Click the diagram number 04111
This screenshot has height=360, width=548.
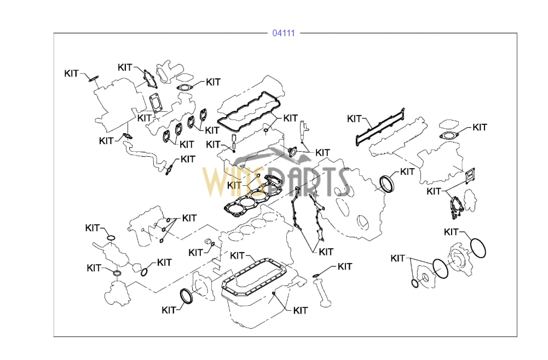(284, 33)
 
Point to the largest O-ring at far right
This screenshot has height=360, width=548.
(478, 249)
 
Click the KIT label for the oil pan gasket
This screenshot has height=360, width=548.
(238, 256)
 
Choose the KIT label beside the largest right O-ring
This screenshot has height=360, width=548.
(451, 232)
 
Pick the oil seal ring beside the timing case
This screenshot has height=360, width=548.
(387, 184)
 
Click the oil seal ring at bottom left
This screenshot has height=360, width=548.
(186, 296)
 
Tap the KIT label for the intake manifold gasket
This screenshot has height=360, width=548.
(355, 118)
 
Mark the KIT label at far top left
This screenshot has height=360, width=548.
(71, 73)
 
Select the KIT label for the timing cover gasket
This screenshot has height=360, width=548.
(326, 252)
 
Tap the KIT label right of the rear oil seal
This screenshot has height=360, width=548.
(407, 172)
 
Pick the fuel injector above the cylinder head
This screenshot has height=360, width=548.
(302, 131)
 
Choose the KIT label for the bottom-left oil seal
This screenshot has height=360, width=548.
(169, 310)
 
